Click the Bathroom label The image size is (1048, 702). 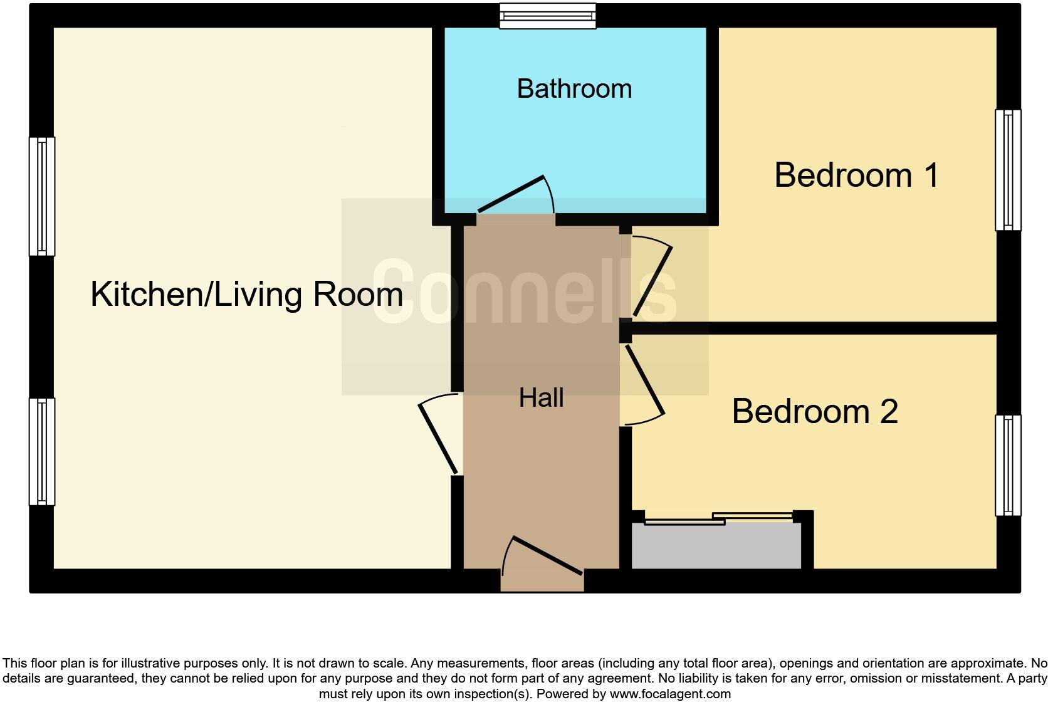click(574, 89)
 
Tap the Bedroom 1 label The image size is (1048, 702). click(856, 175)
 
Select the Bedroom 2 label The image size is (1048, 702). click(815, 412)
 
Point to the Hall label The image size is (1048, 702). click(541, 398)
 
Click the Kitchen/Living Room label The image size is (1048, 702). click(246, 294)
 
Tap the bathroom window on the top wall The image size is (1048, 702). click(547, 16)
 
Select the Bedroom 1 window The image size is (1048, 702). click(1008, 170)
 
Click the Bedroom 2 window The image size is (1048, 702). click(1008, 465)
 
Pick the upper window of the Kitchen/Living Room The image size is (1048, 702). click(42, 196)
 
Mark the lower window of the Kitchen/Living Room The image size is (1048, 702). click(42, 451)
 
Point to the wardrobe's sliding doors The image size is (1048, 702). click(718, 518)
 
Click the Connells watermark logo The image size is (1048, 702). click(524, 293)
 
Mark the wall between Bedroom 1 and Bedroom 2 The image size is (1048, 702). click(815, 328)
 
